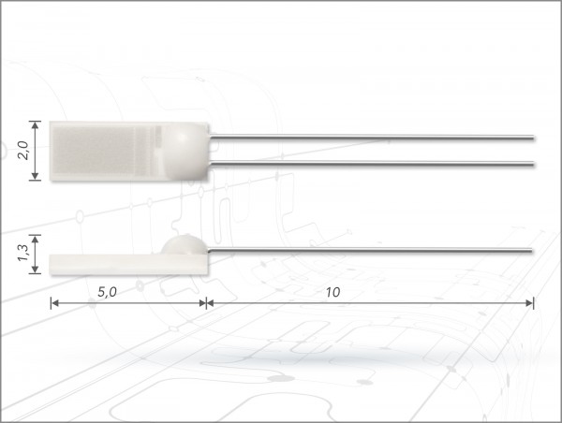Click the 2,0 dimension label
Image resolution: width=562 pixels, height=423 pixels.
[x=23, y=150]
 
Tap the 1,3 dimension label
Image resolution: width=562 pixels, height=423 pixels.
[x=23, y=253]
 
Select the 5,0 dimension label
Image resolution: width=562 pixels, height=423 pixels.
[x=107, y=292]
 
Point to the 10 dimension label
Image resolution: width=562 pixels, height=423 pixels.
[x=333, y=292]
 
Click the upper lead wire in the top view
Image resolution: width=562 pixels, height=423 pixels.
[x=372, y=137]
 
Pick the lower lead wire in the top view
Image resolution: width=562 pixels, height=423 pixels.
[x=372, y=164]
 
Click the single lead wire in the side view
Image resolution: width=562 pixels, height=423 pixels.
[x=370, y=250]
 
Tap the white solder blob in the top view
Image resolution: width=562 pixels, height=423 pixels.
[x=185, y=151]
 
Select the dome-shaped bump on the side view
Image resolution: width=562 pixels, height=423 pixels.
[x=185, y=245]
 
